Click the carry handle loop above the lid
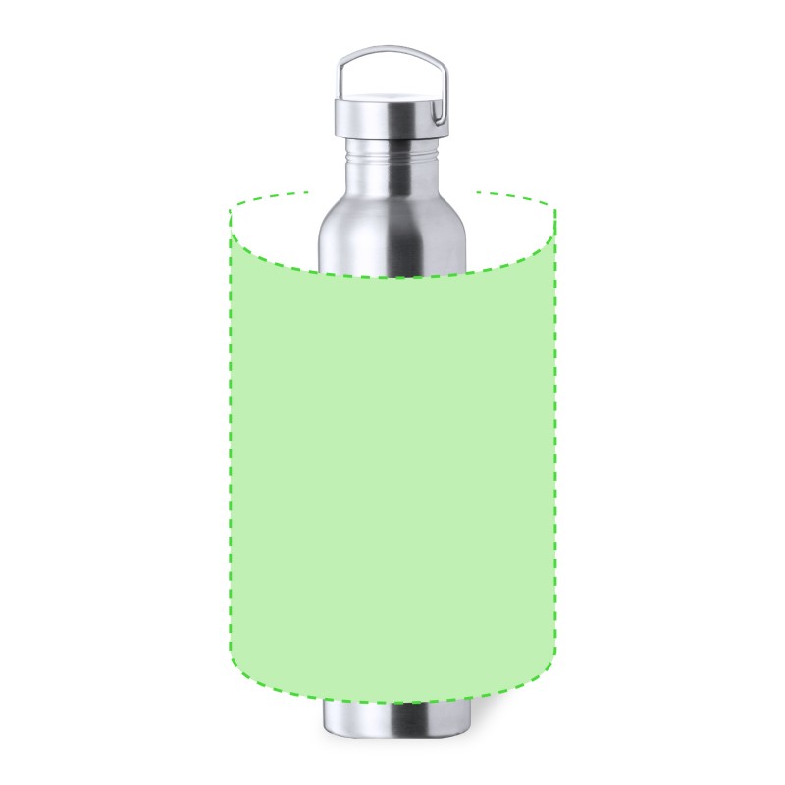point(392,50)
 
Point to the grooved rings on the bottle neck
point(392,152)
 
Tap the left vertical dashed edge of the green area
point(231,442)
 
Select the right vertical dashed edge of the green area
point(555,442)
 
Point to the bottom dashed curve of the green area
point(392,702)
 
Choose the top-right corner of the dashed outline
point(555,209)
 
